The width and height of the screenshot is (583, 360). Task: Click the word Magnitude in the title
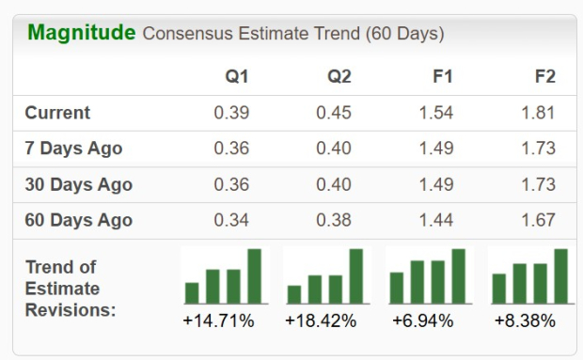[x=82, y=33]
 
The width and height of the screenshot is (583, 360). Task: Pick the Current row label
[x=57, y=113]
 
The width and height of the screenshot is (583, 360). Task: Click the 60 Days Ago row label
[x=78, y=220]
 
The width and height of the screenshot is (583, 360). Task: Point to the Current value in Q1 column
[x=231, y=113]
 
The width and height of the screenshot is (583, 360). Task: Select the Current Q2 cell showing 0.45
[x=334, y=113]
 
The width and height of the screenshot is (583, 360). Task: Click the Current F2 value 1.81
[x=539, y=113]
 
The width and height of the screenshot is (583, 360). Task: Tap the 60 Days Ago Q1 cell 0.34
[x=231, y=220]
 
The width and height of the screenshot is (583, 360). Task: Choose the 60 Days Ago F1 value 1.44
[x=436, y=220]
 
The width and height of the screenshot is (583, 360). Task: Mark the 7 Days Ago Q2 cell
[x=334, y=149]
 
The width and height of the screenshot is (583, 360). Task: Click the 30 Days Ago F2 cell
[x=539, y=184]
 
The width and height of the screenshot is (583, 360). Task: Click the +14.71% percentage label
[x=218, y=321]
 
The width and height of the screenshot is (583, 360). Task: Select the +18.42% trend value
[x=321, y=321]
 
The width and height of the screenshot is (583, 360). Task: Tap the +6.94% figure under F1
[x=423, y=321]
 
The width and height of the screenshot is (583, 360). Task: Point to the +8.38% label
[x=525, y=321]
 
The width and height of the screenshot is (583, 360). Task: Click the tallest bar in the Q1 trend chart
[x=254, y=276]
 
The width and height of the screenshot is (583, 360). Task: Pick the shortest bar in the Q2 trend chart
[x=294, y=294]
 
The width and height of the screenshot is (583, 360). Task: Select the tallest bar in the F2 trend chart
[x=560, y=276]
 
